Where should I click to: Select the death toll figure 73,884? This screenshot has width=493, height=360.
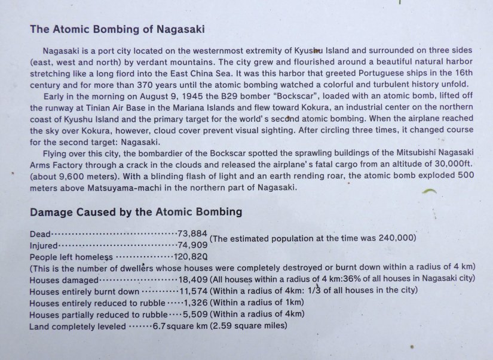pos(192,233)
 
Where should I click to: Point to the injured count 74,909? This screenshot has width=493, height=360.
pos(192,245)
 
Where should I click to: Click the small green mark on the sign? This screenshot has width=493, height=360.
pos(429,192)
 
